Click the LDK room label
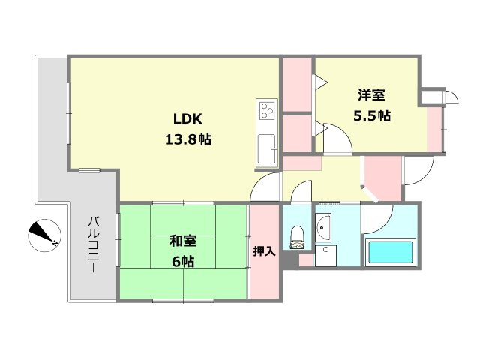click(188, 119)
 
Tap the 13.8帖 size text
click(188, 139)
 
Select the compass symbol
click(43, 235)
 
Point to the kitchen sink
click(266, 150)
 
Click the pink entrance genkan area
click(381, 178)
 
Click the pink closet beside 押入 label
click(264, 225)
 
